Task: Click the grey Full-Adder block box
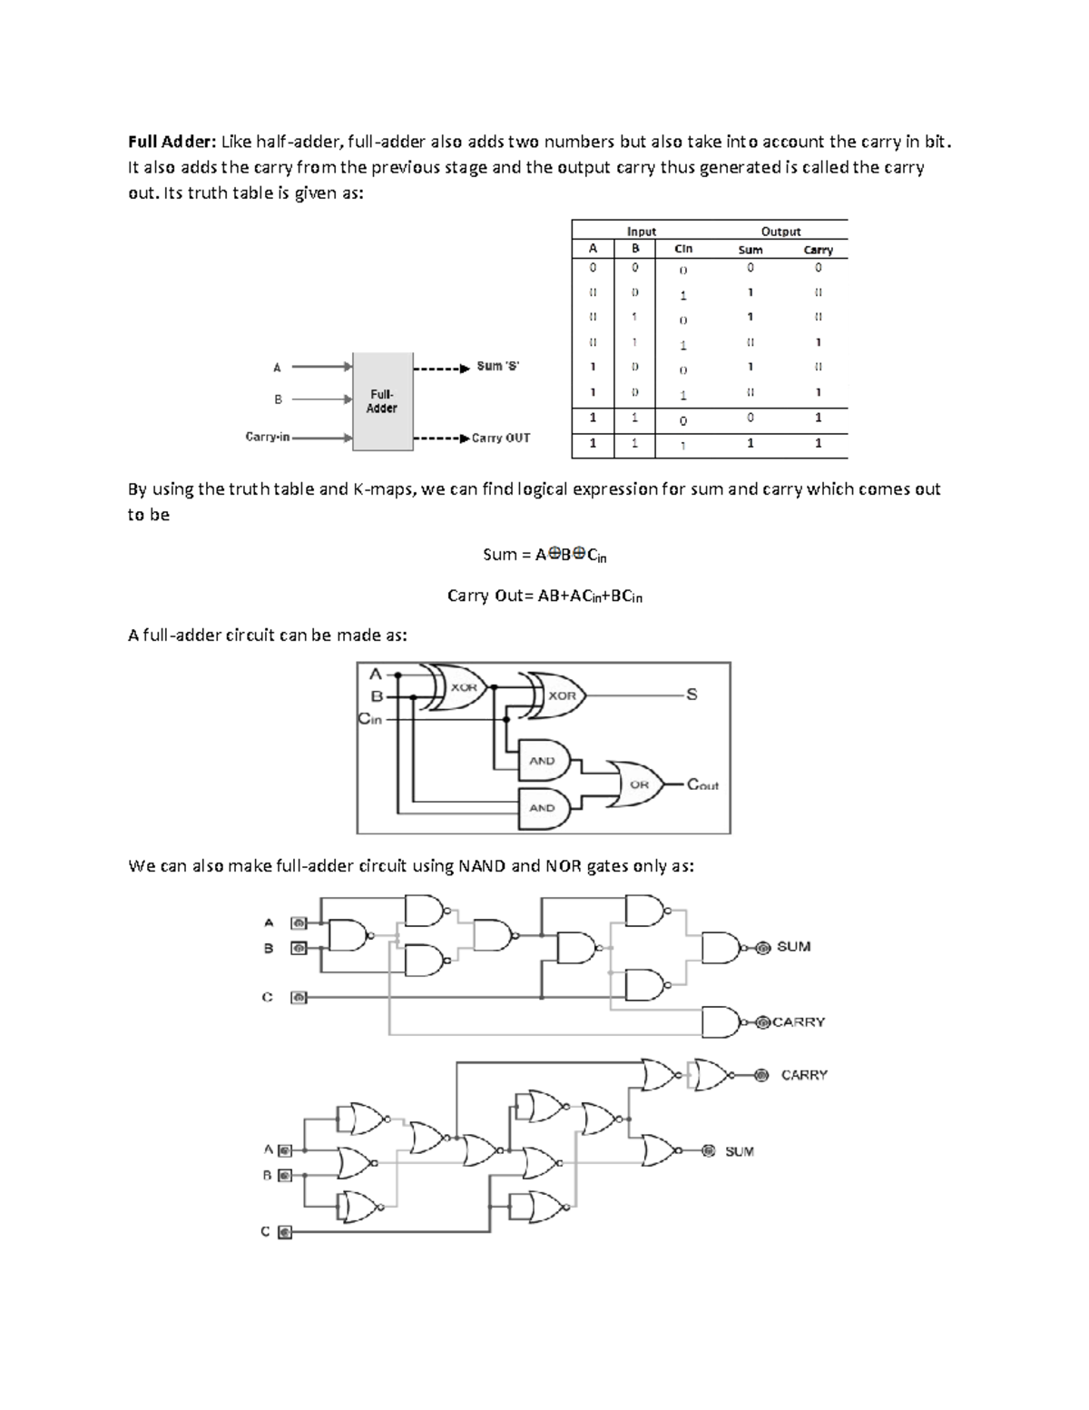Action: coord(382,401)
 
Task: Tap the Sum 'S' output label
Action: coord(497,367)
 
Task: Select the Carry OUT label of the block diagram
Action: coord(501,438)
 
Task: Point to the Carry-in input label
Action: coord(268,437)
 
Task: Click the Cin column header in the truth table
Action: coord(683,249)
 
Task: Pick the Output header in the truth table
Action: coord(780,232)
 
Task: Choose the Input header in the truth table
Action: coord(642,232)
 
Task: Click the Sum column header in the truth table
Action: coord(751,250)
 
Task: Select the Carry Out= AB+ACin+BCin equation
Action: coord(544,597)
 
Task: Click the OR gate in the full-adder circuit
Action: coord(639,784)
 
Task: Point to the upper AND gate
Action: coord(543,761)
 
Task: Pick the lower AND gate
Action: coord(543,807)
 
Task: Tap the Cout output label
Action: coord(702,784)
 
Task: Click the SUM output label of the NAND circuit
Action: coord(793,947)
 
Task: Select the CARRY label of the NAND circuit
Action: coord(799,1022)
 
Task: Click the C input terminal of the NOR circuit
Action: coord(285,1233)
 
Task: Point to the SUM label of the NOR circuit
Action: coord(740,1151)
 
